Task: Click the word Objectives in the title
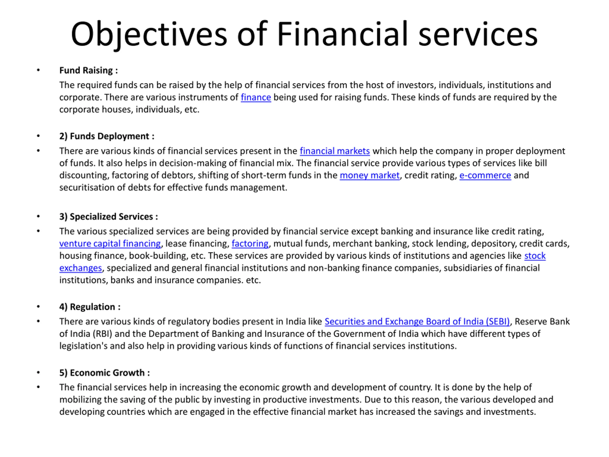click(149, 35)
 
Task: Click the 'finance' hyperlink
click(256, 97)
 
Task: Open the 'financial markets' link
click(334, 151)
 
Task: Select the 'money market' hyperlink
click(369, 175)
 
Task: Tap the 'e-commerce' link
click(485, 175)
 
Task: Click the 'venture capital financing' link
click(110, 243)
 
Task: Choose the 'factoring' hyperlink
click(250, 243)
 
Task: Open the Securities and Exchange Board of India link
click(417, 322)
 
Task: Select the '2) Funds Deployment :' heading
click(107, 136)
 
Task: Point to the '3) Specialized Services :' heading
click(109, 217)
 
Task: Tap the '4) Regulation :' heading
click(90, 307)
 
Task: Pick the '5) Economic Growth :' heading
click(105, 373)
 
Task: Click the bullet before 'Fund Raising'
click(38, 70)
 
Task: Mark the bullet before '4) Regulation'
click(38, 307)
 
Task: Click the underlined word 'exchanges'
click(80, 268)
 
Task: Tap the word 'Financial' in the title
click(342, 35)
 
